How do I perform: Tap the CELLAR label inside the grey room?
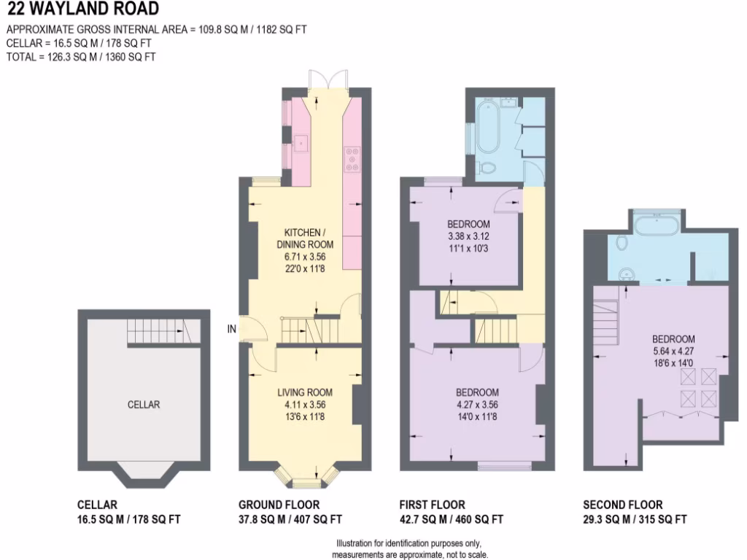pyautogui.click(x=143, y=405)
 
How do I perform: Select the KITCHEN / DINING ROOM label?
pyautogui.click(x=305, y=238)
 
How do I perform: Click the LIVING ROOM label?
pyautogui.click(x=304, y=392)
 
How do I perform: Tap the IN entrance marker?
pyautogui.click(x=232, y=330)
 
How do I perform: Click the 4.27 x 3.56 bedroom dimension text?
pyautogui.click(x=478, y=405)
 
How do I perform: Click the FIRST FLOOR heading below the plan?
pyautogui.click(x=432, y=505)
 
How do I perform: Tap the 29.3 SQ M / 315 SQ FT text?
pyautogui.click(x=635, y=520)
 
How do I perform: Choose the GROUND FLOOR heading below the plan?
pyautogui.click(x=279, y=505)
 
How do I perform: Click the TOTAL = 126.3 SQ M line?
pyautogui.click(x=81, y=57)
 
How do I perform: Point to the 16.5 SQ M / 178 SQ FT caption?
pyautogui.click(x=128, y=520)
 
